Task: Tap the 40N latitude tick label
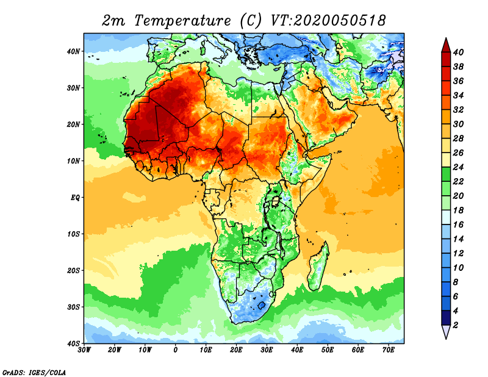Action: click(73, 51)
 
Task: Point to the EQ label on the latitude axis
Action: click(74, 198)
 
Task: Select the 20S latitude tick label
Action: click(73, 270)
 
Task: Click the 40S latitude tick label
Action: click(73, 343)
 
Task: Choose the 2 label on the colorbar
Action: click(456, 325)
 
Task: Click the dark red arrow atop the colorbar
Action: click(446, 45)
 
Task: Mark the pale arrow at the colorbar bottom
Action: click(446, 332)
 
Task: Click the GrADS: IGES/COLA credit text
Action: click(34, 372)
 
